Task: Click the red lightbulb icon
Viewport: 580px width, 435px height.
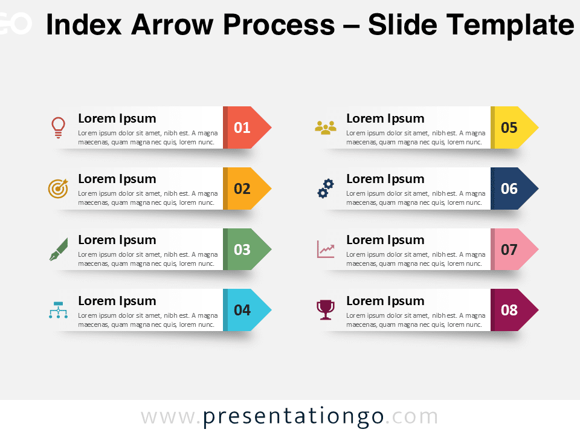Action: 58,127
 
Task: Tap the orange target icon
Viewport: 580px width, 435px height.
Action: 58,188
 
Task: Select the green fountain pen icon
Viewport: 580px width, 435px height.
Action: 58,250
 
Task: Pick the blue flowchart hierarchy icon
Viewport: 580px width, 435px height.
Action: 58,310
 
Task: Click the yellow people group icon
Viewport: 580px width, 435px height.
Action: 326,127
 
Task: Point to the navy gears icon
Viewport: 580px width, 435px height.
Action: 326,188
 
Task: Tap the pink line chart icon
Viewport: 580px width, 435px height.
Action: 326,250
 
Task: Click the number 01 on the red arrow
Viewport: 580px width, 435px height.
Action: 242,127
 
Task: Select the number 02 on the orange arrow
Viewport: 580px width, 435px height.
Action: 242,188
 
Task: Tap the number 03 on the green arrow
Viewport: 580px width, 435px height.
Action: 242,250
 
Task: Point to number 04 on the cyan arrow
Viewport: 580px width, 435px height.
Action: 242,310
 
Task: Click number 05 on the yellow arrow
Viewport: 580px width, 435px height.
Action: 509,127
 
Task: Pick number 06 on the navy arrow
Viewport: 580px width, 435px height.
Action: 509,188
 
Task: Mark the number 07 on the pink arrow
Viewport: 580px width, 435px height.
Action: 509,250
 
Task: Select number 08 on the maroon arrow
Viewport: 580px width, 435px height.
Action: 509,310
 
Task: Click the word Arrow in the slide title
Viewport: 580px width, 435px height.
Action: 179,25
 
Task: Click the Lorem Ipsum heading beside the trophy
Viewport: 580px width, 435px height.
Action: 385,301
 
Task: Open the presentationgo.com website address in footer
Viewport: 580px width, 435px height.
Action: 289,417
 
